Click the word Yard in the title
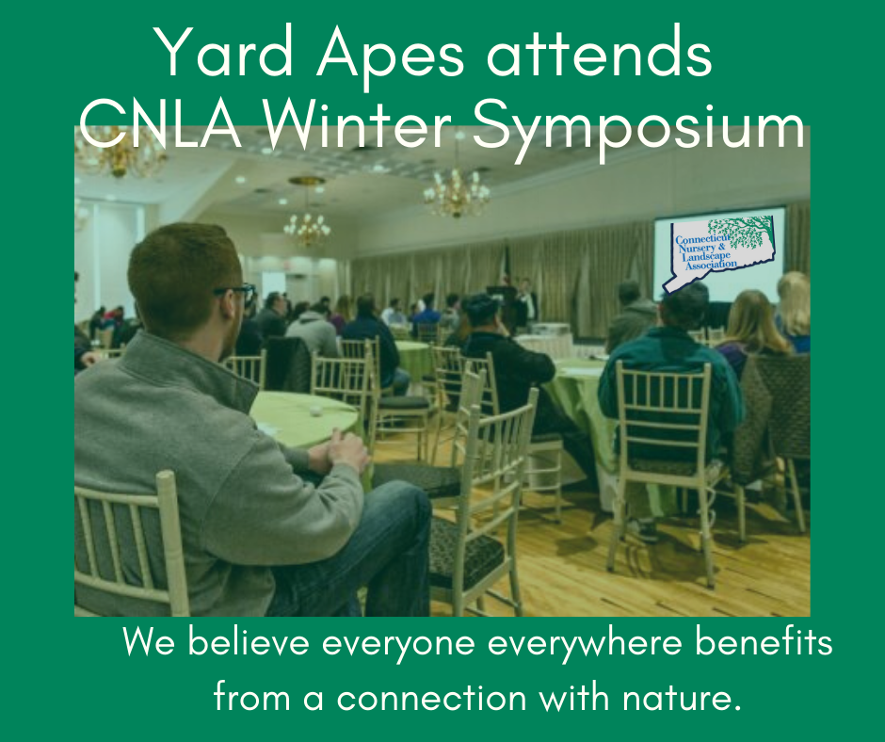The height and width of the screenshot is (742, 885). pyautogui.click(x=223, y=52)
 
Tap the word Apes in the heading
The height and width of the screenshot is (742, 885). pyautogui.click(x=390, y=57)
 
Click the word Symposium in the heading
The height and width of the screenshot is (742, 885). pyautogui.click(x=638, y=130)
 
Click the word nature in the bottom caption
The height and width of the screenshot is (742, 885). pyautogui.click(x=681, y=698)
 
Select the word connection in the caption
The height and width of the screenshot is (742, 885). pyautogui.click(x=432, y=697)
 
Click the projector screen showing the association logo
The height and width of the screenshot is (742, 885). pyautogui.click(x=719, y=253)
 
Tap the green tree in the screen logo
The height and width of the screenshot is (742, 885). pyautogui.click(x=741, y=232)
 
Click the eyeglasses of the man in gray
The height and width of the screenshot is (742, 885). pyautogui.click(x=236, y=292)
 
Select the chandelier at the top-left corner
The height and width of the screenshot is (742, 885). pyautogui.click(x=120, y=152)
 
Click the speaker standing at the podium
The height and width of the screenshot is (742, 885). pyautogui.click(x=527, y=303)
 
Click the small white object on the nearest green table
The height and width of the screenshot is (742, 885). pyautogui.click(x=316, y=411)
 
